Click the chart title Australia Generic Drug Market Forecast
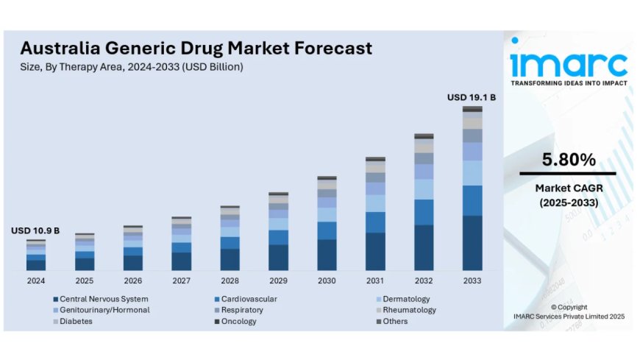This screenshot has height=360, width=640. [x=196, y=49]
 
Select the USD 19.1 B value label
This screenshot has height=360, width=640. [x=472, y=97]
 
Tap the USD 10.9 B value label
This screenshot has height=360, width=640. [x=35, y=230]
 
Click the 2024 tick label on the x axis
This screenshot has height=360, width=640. [x=35, y=281]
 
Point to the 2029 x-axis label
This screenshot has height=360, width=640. [x=278, y=281]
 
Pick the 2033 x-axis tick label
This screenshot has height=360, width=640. [x=472, y=281]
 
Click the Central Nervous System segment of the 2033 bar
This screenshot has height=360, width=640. [x=472, y=243]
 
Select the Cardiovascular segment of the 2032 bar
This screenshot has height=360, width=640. [x=424, y=212]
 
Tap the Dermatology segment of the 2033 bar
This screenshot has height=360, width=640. [x=472, y=173]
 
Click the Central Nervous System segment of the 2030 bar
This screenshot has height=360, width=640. [x=327, y=255]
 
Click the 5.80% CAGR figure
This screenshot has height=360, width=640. [x=569, y=159]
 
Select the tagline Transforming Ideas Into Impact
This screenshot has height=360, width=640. [x=569, y=83]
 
